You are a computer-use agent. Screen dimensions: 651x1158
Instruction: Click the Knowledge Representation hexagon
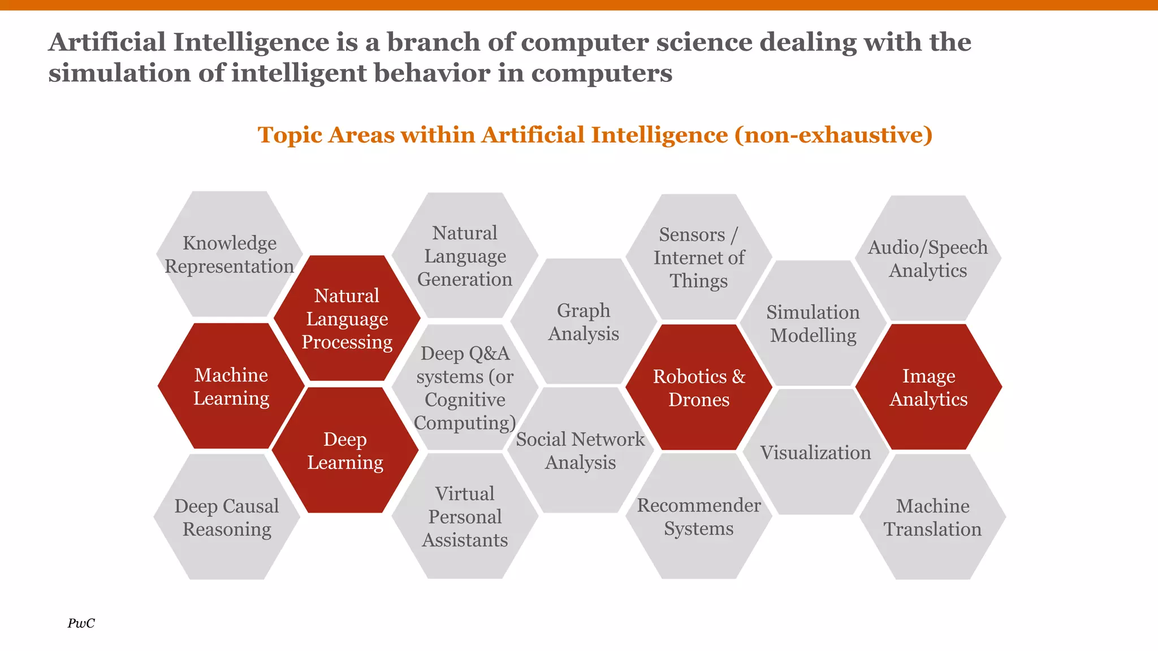pyautogui.click(x=229, y=254)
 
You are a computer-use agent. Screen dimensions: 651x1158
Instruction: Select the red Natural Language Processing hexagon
pyautogui.click(x=347, y=319)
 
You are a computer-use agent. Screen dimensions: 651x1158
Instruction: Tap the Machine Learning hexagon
pyautogui.click(x=231, y=387)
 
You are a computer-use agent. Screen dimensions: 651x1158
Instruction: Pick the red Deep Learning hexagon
pyautogui.click(x=345, y=451)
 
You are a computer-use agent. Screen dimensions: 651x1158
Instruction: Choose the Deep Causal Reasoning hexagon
pyautogui.click(x=226, y=517)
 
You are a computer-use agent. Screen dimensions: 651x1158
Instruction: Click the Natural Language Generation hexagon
pyautogui.click(x=465, y=256)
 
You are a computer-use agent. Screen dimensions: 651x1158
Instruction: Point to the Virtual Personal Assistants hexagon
pyautogui.click(x=465, y=517)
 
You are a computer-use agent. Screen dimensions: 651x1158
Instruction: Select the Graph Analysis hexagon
pyautogui.click(x=584, y=322)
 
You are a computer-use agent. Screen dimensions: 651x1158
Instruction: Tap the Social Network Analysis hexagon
pyautogui.click(x=580, y=451)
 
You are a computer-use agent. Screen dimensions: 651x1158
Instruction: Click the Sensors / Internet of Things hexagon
pyautogui.click(x=699, y=258)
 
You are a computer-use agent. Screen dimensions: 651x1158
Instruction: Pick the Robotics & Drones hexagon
pyautogui.click(x=699, y=388)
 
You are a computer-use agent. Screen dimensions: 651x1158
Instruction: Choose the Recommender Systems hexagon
pyautogui.click(x=699, y=517)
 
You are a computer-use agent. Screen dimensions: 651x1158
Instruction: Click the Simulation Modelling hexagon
pyautogui.click(x=813, y=324)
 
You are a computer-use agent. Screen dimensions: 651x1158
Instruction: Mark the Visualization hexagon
pyautogui.click(x=815, y=453)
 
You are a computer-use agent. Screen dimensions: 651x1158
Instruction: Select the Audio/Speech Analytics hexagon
pyautogui.click(x=928, y=259)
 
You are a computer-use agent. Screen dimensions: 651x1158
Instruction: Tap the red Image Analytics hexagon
pyautogui.click(x=928, y=387)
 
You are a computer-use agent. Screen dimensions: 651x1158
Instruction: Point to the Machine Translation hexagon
pyautogui.click(x=932, y=517)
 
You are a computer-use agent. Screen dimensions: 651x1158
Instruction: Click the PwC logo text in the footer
pyautogui.click(x=81, y=623)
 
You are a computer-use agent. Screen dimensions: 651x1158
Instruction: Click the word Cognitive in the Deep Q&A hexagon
pyautogui.click(x=465, y=400)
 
